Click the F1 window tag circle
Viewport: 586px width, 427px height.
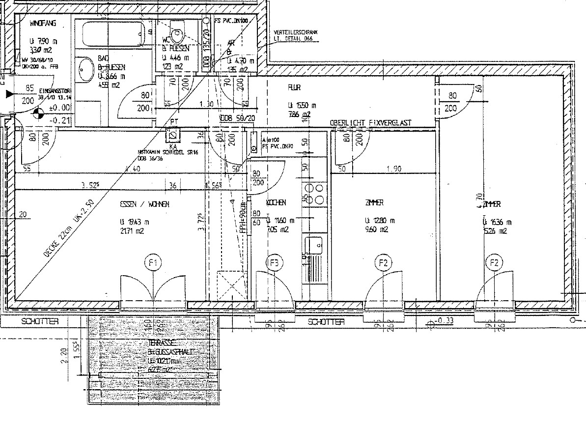coord(153,263)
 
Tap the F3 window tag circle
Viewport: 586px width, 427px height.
coord(274,263)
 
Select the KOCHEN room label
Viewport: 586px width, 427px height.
coord(276,202)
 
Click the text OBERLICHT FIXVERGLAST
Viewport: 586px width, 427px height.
coord(371,122)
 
